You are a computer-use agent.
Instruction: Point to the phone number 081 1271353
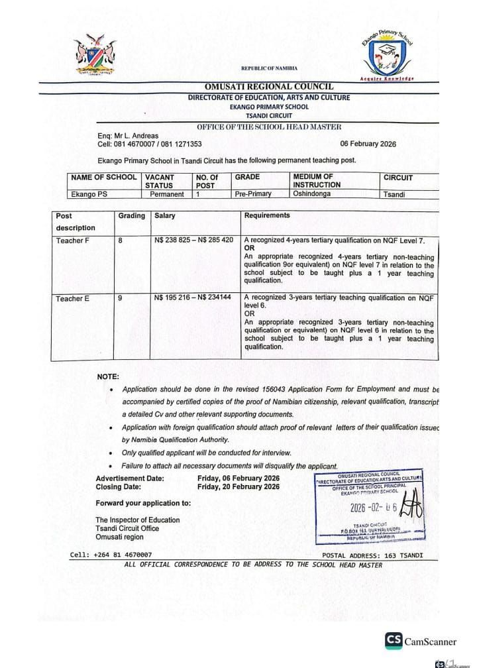pos(178,144)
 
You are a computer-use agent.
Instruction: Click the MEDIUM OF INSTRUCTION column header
pos(317,181)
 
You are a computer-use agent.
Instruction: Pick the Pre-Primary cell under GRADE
pos(253,194)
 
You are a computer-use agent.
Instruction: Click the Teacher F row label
pos(72,241)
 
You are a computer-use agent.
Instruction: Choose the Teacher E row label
pos(72,299)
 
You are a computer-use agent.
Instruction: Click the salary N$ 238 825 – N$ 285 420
pos(193,241)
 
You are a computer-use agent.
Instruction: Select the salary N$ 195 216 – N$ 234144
pos(192,299)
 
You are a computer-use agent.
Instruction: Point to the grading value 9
pos(120,299)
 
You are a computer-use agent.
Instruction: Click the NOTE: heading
pos(108,376)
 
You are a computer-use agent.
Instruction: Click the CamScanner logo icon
pos(394,640)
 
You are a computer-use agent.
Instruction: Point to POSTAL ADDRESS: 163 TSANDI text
pos(372,555)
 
